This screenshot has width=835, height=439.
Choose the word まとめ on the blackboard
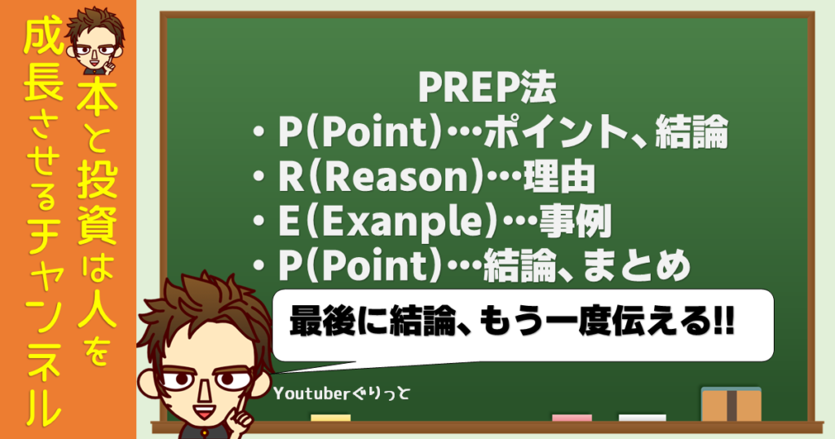pos(637,266)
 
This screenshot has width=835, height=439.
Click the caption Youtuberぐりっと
pos(342,394)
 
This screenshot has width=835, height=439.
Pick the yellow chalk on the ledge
pos(331,419)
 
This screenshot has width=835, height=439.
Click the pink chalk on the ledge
pos(572,419)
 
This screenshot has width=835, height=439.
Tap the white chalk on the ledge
pos(643,419)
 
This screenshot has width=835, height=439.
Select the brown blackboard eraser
pos(731,405)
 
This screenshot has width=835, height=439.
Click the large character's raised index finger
pos(237,403)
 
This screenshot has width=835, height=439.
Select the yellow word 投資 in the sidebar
pos(97,205)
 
